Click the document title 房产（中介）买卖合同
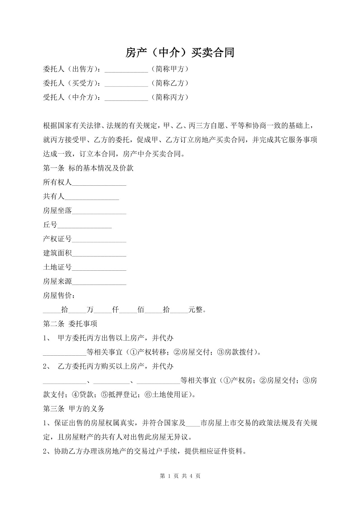(x=180, y=53)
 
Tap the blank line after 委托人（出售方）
(x=126, y=70)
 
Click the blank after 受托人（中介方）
(x=126, y=98)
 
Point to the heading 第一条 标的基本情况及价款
(x=88, y=168)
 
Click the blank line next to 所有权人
(x=99, y=183)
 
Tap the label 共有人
(x=54, y=197)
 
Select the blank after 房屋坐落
(x=99, y=211)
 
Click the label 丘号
(x=50, y=225)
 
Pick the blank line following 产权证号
(x=99, y=240)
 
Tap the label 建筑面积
(x=57, y=253)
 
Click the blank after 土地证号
(x=99, y=268)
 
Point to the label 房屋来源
(x=57, y=282)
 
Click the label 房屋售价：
(x=59, y=295)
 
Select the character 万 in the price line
(x=90, y=310)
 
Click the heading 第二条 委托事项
(x=70, y=324)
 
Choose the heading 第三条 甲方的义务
(x=74, y=409)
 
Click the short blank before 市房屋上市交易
(x=193, y=423)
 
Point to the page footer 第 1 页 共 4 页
(x=180, y=476)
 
